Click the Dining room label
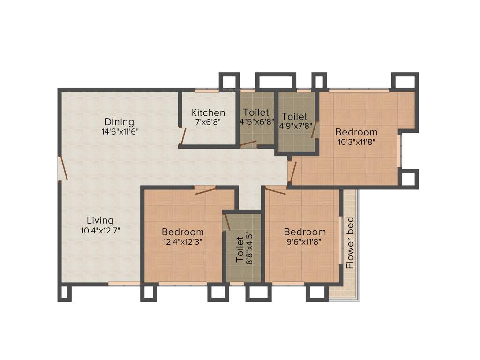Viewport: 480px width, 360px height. (119, 122)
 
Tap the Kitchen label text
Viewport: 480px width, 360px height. (208, 112)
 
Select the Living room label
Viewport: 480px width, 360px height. (100, 220)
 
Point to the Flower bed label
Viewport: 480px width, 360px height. (350, 243)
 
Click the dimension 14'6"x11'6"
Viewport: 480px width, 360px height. (120, 132)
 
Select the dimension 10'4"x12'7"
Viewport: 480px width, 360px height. (100, 230)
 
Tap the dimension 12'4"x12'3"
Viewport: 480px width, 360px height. (182, 242)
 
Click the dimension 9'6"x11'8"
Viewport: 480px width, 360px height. (304, 242)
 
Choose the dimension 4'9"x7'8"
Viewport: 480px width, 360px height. (294, 126)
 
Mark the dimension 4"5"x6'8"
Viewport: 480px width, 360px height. (256, 122)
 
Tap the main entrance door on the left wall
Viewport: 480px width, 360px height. (63, 169)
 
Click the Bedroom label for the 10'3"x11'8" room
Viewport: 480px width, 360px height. (356, 132)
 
